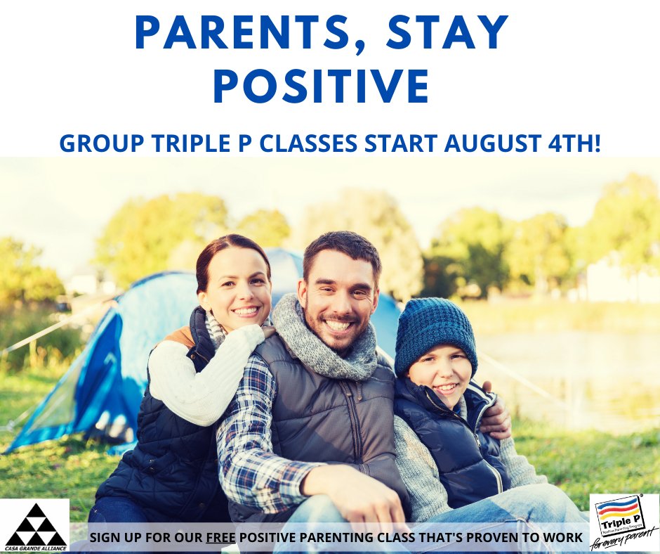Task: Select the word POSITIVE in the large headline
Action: pyautogui.click(x=321, y=86)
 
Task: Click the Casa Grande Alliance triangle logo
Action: pyautogui.click(x=34, y=524)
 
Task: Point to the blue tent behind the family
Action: pyautogui.click(x=105, y=366)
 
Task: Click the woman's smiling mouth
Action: pyautogui.click(x=246, y=311)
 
